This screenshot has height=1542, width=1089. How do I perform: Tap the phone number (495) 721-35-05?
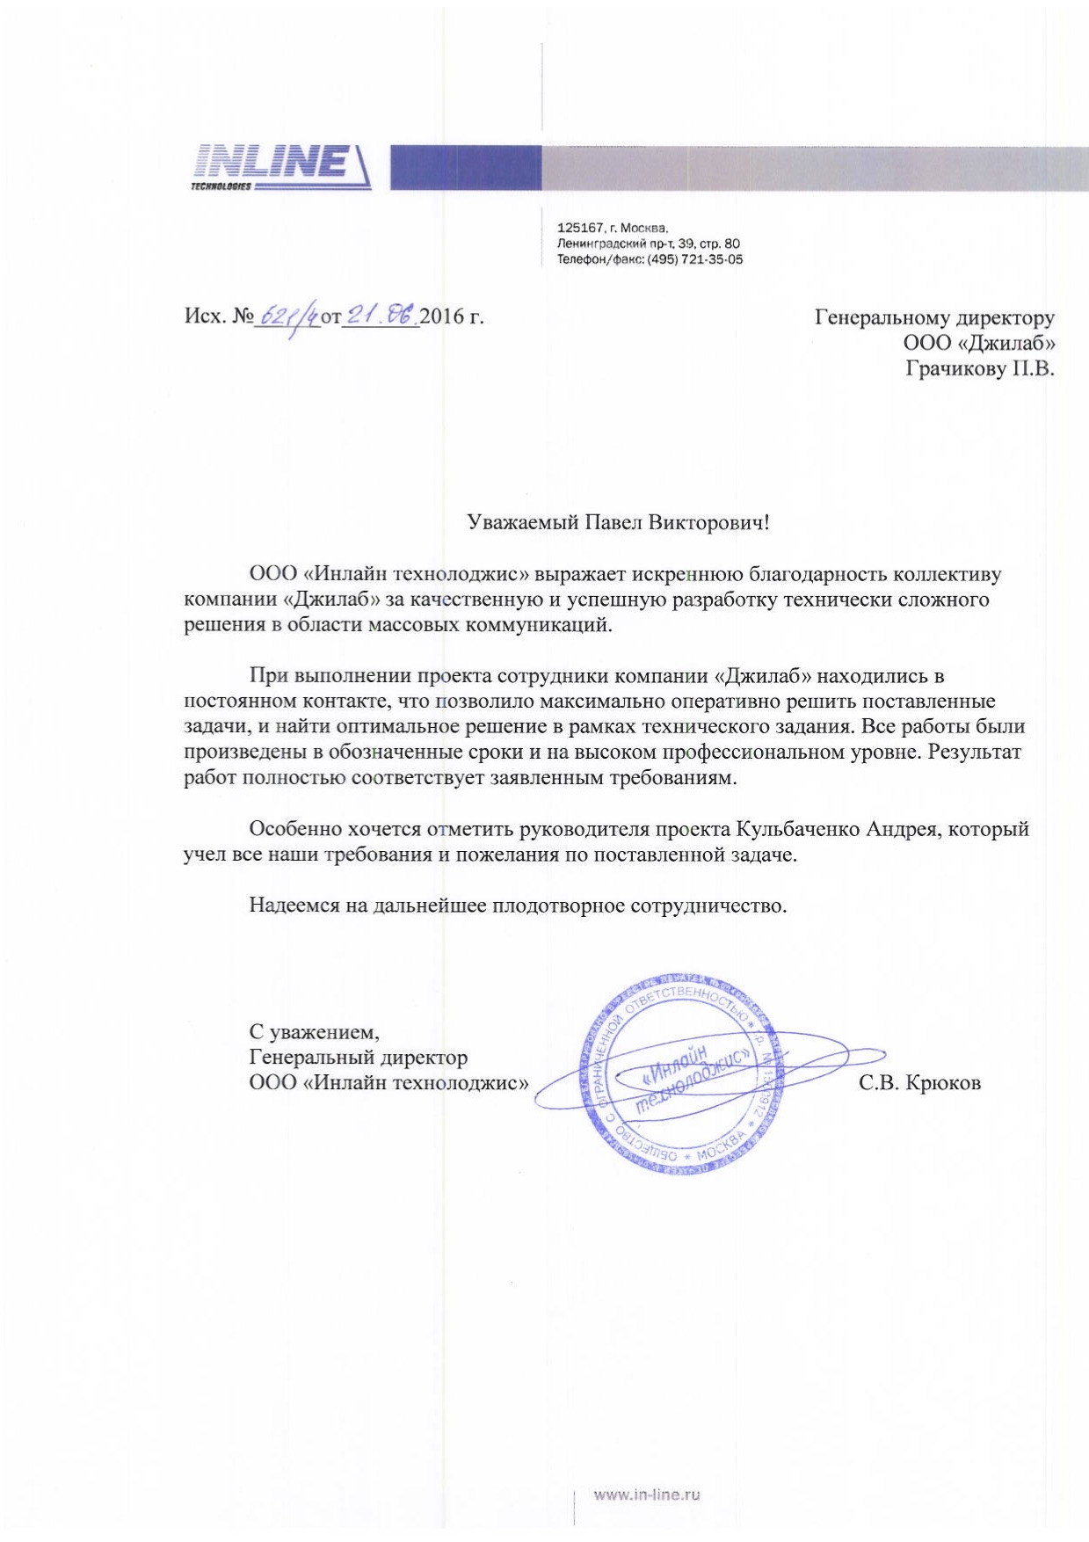694,259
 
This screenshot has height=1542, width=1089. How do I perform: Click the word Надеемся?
294,906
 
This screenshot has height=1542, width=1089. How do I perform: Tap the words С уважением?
314,1031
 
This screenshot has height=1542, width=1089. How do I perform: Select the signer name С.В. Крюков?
919,1083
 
